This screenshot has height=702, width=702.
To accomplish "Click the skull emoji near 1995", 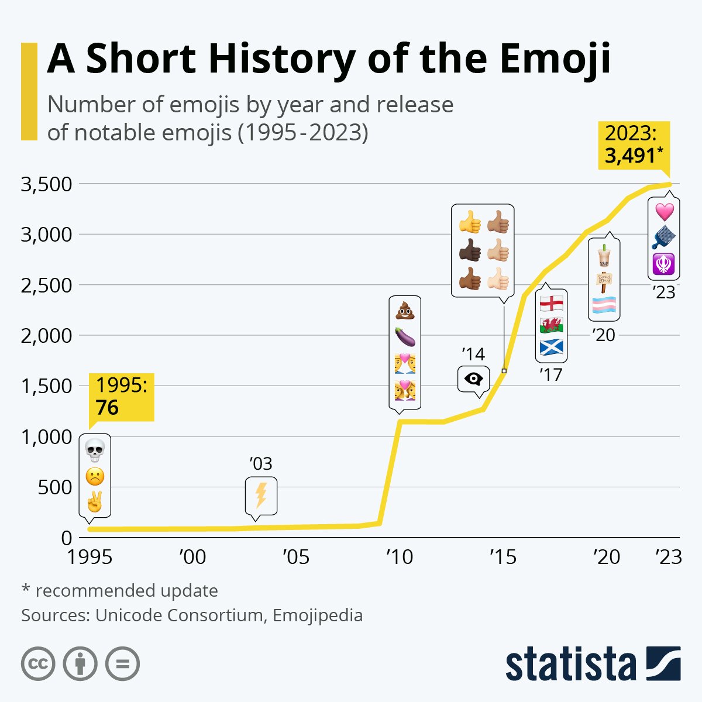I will click(x=94, y=450).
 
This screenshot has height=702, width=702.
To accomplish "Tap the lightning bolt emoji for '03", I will click(x=261, y=495).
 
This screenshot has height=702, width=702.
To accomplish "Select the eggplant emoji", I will click(x=405, y=337).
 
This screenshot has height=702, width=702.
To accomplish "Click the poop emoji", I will click(x=405, y=311).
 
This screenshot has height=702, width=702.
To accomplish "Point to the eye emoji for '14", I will click(x=473, y=380).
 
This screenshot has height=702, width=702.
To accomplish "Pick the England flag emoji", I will click(x=551, y=303).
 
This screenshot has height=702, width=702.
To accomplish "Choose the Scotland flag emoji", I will click(x=551, y=347).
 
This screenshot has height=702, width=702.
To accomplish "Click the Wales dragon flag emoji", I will click(x=551, y=325).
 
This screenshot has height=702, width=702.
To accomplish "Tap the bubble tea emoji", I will click(x=604, y=255).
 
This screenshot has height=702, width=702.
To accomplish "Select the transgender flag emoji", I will click(x=604, y=305).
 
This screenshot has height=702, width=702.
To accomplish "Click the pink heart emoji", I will click(x=664, y=211).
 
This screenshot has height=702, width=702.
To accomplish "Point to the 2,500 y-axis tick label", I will click(x=46, y=285).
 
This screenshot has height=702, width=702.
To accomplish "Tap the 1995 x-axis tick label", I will click(x=90, y=557).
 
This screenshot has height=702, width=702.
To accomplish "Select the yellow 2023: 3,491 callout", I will click(x=634, y=145).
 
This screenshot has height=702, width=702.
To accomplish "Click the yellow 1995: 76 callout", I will click(x=122, y=397).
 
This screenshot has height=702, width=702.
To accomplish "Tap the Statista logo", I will click(x=593, y=664).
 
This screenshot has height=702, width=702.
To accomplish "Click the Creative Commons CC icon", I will click(x=38, y=664).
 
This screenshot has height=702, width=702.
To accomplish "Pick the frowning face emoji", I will click(x=94, y=477).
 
